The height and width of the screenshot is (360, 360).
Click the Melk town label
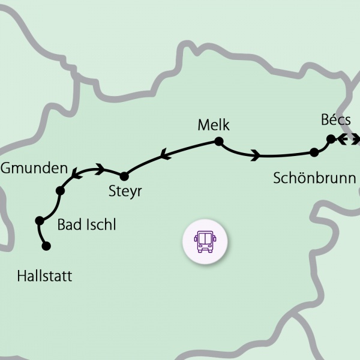pos(214,125)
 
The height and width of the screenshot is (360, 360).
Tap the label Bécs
pos(336,120)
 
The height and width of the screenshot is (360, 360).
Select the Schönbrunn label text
pos(314,178)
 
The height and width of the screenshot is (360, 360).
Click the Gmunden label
pos(34,168)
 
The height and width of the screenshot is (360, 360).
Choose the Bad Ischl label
pos(86,225)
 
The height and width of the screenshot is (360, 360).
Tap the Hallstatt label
pos(44,276)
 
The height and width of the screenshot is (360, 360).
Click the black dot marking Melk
pos(218,142)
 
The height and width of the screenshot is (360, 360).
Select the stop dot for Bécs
pos(330,139)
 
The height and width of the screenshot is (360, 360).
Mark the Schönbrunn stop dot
pos(314,152)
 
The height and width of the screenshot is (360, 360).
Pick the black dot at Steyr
pos(124,176)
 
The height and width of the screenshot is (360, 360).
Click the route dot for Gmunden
pos(60,191)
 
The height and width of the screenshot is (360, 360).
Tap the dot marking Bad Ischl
pos(40,220)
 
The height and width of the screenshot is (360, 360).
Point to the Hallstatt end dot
pos(46,245)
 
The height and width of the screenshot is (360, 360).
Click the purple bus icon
pos(205,240)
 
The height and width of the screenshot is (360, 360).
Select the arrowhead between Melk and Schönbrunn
pos(256,156)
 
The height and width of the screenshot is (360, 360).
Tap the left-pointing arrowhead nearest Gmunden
pos(76,175)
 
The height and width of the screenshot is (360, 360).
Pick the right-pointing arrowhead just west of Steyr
pos(100,169)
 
